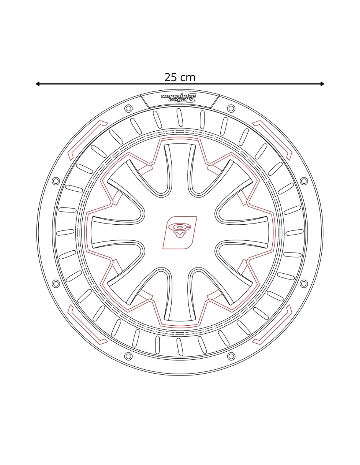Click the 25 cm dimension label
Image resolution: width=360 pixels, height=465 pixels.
(180, 77)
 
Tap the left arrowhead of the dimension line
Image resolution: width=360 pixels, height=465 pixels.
(38, 84)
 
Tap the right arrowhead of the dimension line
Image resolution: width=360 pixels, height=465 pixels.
(322, 84)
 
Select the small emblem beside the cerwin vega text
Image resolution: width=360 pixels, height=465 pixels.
(192, 98)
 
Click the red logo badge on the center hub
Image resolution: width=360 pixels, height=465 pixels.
(180, 233)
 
